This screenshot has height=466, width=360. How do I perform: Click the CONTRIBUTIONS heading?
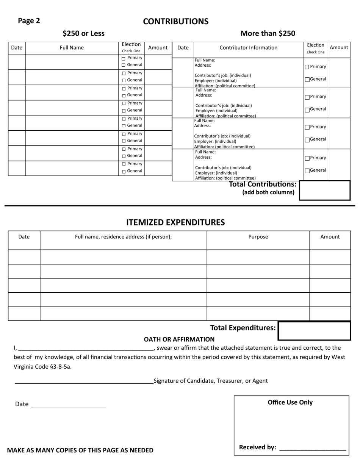click(x=175, y=22)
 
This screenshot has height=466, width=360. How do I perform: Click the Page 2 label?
click(x=29, y=21)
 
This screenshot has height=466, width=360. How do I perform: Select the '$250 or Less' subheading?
click(x=83, y=33)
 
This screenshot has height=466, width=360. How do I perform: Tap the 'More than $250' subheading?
click(x=268, y=33)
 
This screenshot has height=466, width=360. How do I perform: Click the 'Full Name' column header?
click(x=72, y=48)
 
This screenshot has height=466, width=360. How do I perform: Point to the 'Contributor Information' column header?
click(x=248, y=48)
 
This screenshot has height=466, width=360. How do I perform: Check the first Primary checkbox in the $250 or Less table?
click(x=124, y=59)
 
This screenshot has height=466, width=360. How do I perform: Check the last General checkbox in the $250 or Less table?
click(x=124, y=172)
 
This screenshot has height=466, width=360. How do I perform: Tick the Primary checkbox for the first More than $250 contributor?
click(x=307, y=67)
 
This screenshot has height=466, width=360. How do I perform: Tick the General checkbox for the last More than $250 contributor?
click(x=307, y=171)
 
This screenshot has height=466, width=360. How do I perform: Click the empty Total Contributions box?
click(x=324, y=190)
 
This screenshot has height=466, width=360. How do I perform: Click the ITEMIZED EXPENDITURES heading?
click(x=175, y=222)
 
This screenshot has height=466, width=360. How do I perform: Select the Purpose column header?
click(x=258, y=237)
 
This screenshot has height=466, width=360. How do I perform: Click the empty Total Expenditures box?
click(x=314, y=331)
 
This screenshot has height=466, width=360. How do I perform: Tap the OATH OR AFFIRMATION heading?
click(x=179, y=339)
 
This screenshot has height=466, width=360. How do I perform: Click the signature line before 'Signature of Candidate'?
click(x=84, y=383)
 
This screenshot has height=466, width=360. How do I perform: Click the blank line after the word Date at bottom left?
click(x=68, y=406)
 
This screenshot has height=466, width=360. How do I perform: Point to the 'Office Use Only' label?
click(x=290, y=402)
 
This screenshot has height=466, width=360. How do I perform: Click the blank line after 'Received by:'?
click(x=312, y=449)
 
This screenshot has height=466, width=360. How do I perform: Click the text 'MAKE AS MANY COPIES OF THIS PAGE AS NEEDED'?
click(x=80, y=450)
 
